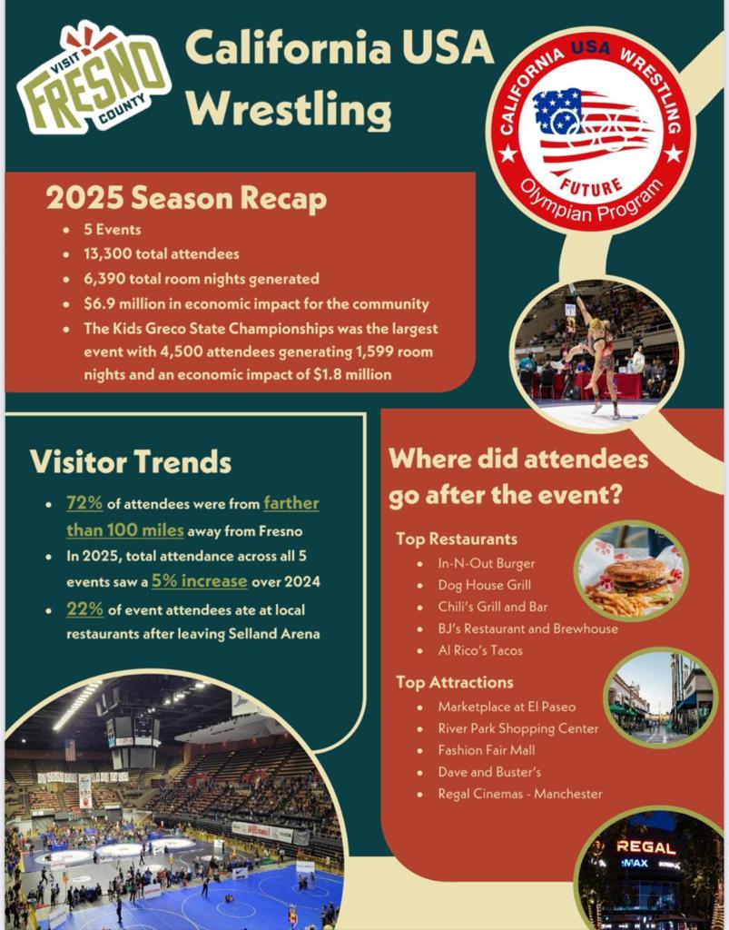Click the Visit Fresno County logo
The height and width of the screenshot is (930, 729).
click(x=94, y=78)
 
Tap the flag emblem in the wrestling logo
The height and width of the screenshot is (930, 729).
click(x=591, y=127)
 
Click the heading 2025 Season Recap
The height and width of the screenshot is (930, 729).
click(x=186, y=198)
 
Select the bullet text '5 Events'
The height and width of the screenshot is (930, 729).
click(x=113, y=230)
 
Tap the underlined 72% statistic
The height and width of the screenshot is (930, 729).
click(x=84, y=503)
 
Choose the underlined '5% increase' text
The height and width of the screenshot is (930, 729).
click(x=199, y=580)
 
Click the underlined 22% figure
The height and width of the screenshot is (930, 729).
click(x=84, y=609)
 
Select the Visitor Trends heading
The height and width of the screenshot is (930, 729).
click(x=131, y=461)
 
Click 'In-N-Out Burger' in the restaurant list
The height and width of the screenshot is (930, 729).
click(x=487, y=563)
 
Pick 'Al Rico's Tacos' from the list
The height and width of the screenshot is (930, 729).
click(x=480, y=650)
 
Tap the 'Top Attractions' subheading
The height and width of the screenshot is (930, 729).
click(x=455, y=682)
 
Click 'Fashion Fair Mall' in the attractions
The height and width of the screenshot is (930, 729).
click(x=487, y=750)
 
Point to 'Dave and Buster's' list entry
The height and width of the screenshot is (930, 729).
click(x=489, y=772)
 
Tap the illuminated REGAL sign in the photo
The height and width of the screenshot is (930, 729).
click(x=646, y=847)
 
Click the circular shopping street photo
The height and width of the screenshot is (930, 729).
click(x=661, y=697)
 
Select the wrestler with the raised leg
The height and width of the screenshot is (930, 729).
click(x=593, y=350)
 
